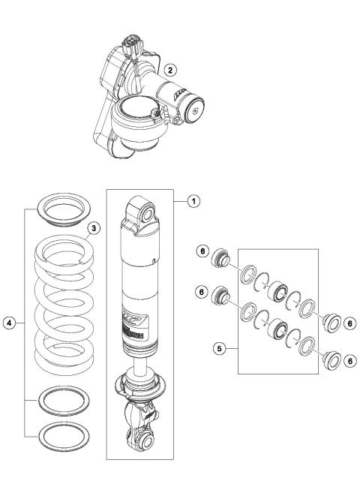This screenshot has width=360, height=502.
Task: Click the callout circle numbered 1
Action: [x=193, y=200]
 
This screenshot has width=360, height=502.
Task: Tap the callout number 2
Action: [x=171, y=70]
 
